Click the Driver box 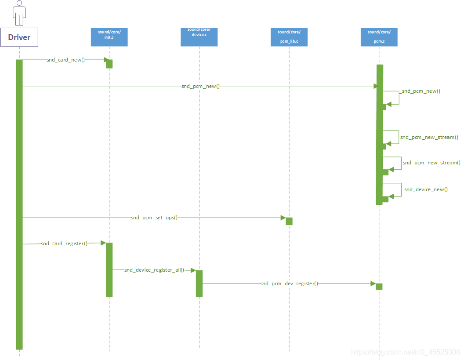[19, 37]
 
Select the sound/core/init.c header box [109, 37]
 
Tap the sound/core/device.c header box [199, 37]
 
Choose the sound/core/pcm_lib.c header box [289, 37]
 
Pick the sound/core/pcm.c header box [379, 37]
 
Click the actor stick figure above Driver [19, 13]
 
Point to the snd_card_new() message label [65, 60]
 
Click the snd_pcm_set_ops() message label [154, 218]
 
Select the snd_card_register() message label [64, 243]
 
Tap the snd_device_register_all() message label [154, 270]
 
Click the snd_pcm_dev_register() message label [289, 284]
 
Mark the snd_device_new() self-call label [426, 189]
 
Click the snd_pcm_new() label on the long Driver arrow [200, 86]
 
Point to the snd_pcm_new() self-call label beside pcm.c [421, 91]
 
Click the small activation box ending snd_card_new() [109, 64]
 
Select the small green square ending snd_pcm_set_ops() [289, 221]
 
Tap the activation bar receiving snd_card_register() [109, 269]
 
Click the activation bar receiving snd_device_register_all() [199, 284]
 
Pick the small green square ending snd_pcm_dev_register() [379, 286]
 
